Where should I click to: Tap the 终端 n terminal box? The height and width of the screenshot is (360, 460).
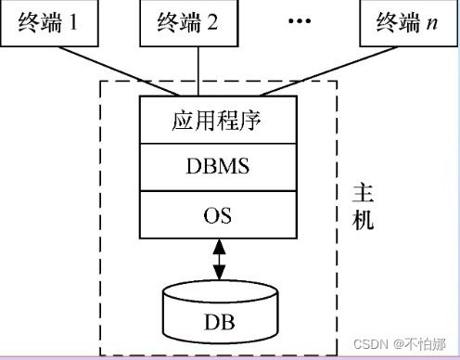click(401, 20)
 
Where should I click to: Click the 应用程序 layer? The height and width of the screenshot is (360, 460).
click(220, 122)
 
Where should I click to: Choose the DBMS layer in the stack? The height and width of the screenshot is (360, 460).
click(220, 168)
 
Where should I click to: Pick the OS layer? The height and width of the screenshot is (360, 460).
click(220, 216)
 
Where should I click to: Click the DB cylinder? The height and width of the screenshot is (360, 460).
click(220, 315)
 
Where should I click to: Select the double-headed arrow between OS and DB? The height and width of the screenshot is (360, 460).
click(220, 261)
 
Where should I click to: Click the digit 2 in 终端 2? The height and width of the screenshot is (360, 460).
click(214, 20)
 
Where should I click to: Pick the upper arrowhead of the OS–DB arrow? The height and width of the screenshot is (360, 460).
click(220, 245)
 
